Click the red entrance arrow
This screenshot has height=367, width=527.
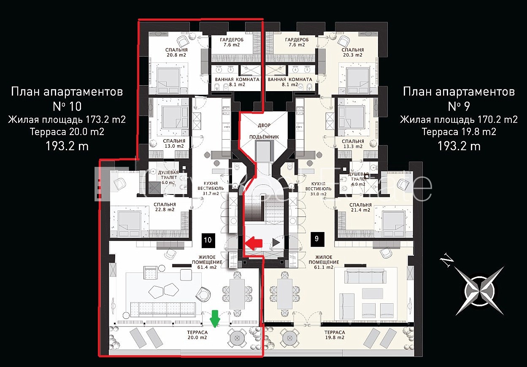[x=254, y=242]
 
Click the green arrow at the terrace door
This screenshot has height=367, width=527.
[x=215, y=319]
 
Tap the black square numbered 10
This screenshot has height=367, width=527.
[x=208, y=240]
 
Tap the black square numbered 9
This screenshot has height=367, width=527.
[x=317, y=239]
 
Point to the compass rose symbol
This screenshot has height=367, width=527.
[x=480, y=291]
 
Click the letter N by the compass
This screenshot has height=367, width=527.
[x=446, y=262]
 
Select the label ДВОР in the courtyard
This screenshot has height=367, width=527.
[x=264, y=125]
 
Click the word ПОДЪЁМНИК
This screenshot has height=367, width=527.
[x=264, y=137]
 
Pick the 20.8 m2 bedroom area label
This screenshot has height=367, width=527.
[x=176, y=55]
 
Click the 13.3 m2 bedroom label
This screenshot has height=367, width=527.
[x=352, y=146]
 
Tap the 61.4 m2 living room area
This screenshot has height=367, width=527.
[x=207, y=267]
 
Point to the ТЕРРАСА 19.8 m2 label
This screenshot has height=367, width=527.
[x=335, y=335]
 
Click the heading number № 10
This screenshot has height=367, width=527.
[x=67, y=106]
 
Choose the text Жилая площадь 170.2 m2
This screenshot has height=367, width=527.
[x=459, y=120]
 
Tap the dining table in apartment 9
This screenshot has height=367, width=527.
[x=284, y=294]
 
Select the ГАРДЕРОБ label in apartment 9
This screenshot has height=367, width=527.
[x=297, y=40]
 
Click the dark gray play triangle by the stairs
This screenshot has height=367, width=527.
[x=276, y=242]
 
